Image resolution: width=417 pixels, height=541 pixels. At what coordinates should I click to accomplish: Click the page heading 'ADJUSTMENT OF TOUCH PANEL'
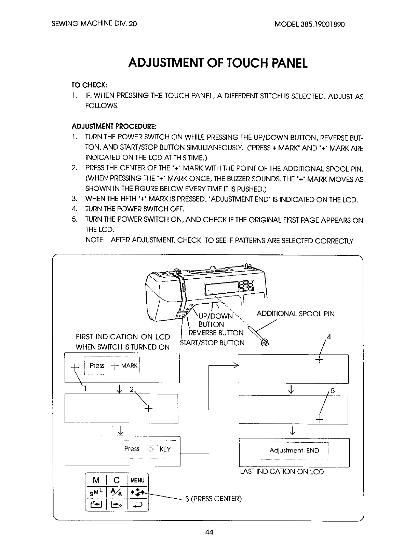218,63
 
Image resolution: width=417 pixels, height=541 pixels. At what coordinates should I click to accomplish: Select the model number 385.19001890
323,25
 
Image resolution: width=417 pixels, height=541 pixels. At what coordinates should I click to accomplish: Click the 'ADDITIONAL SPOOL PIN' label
295,314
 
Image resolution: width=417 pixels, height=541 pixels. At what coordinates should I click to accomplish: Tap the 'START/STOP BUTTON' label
212,343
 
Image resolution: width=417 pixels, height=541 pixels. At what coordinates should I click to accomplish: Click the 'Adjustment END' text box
294,450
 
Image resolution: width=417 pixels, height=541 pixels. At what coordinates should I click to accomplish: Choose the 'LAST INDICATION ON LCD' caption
282,472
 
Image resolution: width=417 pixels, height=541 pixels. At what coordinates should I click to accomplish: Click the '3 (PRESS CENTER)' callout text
213,499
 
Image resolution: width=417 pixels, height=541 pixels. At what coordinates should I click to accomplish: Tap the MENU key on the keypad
138,480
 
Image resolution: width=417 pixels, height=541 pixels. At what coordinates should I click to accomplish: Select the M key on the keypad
97,480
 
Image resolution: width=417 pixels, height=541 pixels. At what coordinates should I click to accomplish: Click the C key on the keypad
117,480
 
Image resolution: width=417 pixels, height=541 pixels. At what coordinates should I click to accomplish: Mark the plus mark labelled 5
319,420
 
